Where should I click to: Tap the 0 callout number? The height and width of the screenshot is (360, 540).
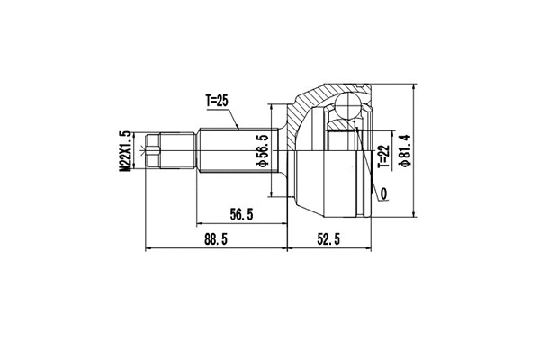384,193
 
